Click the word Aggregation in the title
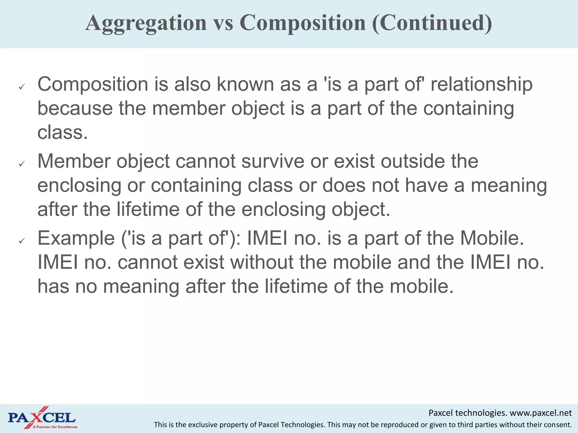pyautogui.click(x=146, y=23)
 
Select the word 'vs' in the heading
pyautogui.click(x=223, y=23)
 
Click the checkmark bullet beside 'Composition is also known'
pyautogui.click(x=22, y=87)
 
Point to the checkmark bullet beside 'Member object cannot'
pyautogui.click(x=22, y=164)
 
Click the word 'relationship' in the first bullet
pyautogui.click(x=481, y=85)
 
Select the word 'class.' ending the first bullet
pyautogui.click(x=63, y=132)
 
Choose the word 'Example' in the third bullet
pyautogui.click(x=76, y=238)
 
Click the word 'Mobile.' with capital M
pyautogui.click(x=492, y=238)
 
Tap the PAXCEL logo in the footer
pyautogui.click(x=42, y=417)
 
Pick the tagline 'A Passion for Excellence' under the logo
pyautogui.click(x=55, y=427)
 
